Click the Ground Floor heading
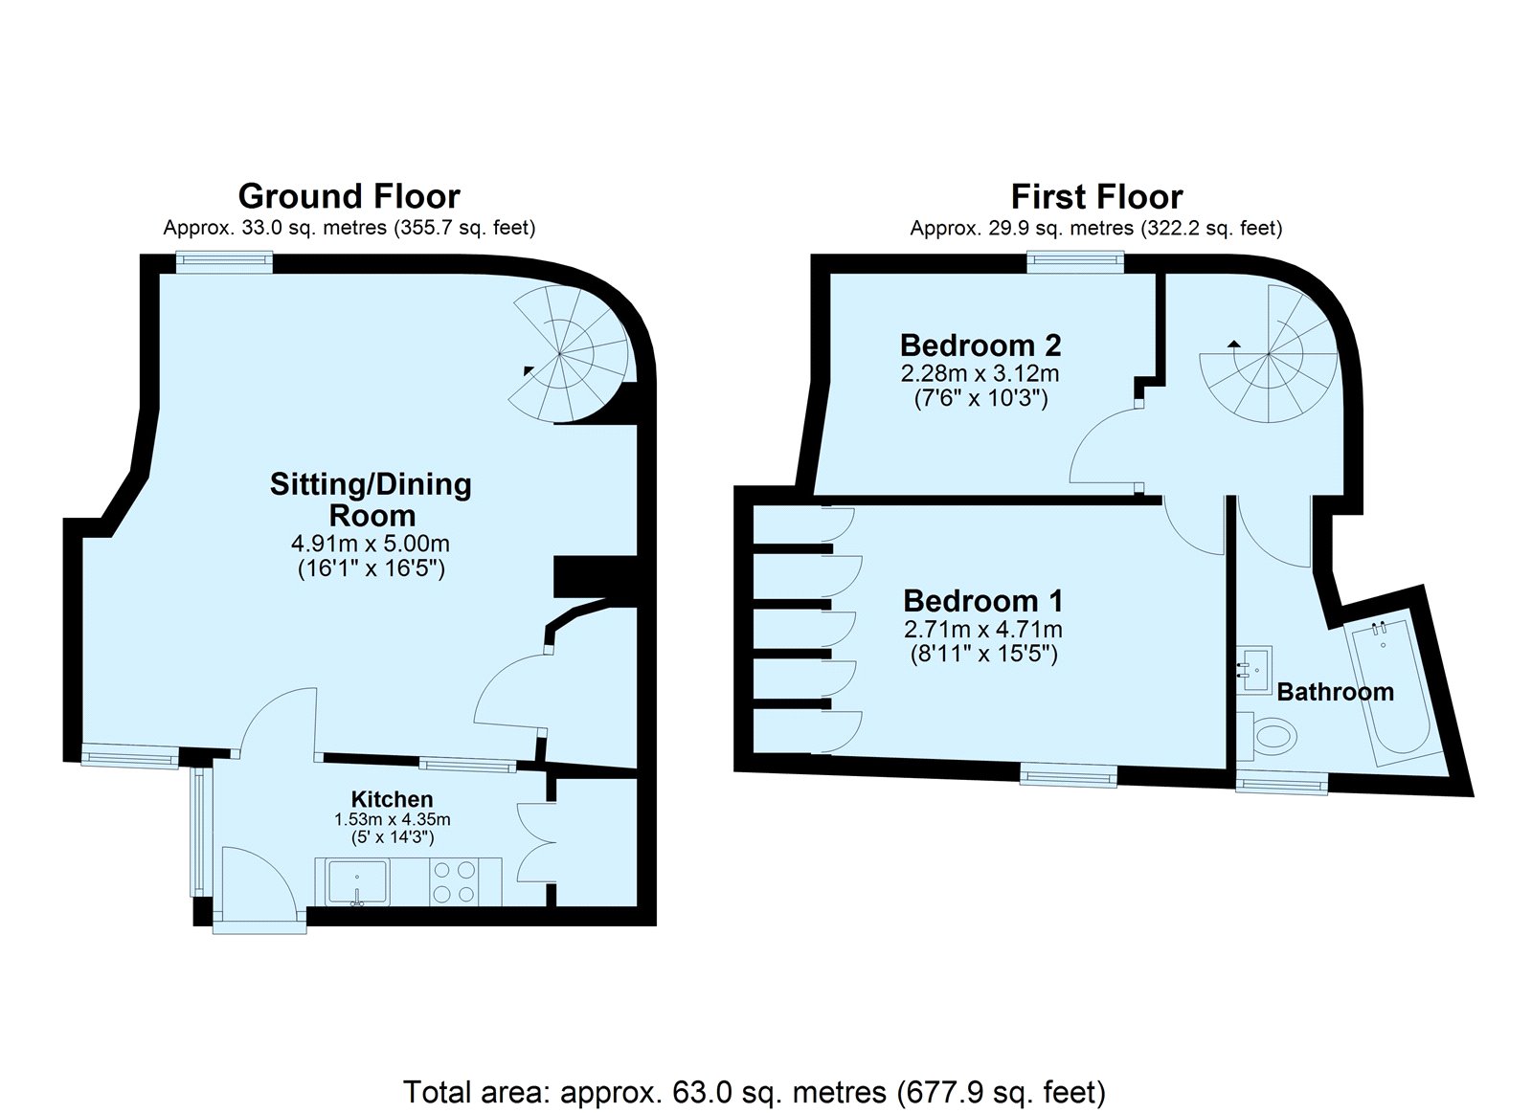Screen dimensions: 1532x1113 [349, 197]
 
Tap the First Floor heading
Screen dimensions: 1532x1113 [1096, 197]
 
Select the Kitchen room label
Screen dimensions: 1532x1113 [392, 798]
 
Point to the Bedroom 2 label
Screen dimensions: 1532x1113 [980, 345]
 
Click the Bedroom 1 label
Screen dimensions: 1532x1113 [982, 601]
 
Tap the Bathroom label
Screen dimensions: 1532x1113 [1335, 692]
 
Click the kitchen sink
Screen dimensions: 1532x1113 [358, 882]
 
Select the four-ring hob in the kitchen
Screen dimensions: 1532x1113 [455, 882]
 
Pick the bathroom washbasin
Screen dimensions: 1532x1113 [1254, 669]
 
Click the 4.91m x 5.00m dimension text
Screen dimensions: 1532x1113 [371, 544]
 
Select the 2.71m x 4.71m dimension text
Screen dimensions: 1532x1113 [983, 629]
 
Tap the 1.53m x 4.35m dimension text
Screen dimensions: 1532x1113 [392, 818]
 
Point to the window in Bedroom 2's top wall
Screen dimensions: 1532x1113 [1076, 260]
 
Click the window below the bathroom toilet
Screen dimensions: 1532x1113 [1282, 784]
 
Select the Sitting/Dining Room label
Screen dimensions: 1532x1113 [372, 499]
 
